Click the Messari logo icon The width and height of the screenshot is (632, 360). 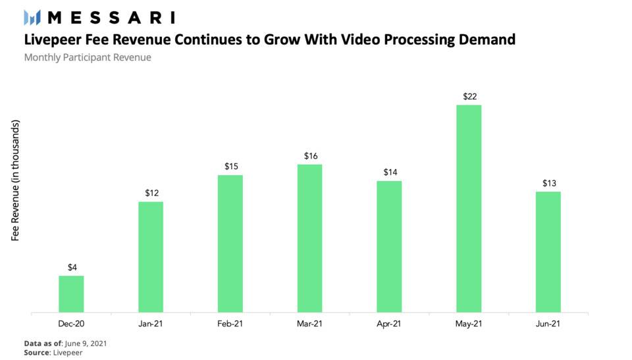tap(32, 18)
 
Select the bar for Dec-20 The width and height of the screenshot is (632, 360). tap(71, 294)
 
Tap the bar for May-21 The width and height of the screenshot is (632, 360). tap(469, 208)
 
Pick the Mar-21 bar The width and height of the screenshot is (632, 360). tap(309, 238)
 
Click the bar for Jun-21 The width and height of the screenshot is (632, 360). tap(548, 251)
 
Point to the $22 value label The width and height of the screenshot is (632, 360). tap(469, 97)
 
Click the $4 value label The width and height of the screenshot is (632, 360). tap(72, 267)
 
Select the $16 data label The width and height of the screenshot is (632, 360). tap(310, 156)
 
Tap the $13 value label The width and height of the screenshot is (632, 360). tap(548, 183)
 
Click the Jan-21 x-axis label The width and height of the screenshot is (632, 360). tap(151, 323)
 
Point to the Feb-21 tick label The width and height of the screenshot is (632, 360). tap(230, 323)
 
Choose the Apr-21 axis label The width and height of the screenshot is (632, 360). tap(389, 323)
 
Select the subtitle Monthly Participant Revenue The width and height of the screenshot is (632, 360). tap(88, 58)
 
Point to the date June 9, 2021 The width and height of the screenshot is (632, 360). tap(85, 344)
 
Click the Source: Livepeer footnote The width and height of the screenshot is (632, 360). tap(53, 353)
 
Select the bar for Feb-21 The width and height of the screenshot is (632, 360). tap(230, 244)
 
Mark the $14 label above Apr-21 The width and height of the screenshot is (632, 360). tap(389, 172)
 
